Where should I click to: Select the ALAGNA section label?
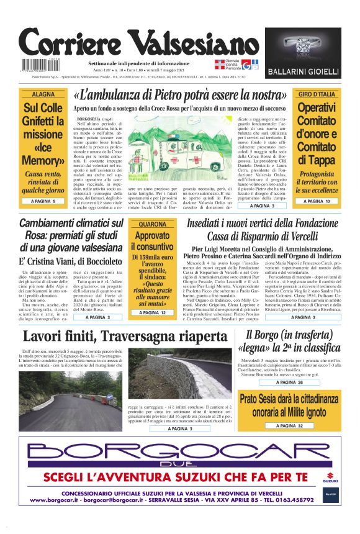[43, 94]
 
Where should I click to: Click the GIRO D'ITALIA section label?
[316, 94]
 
